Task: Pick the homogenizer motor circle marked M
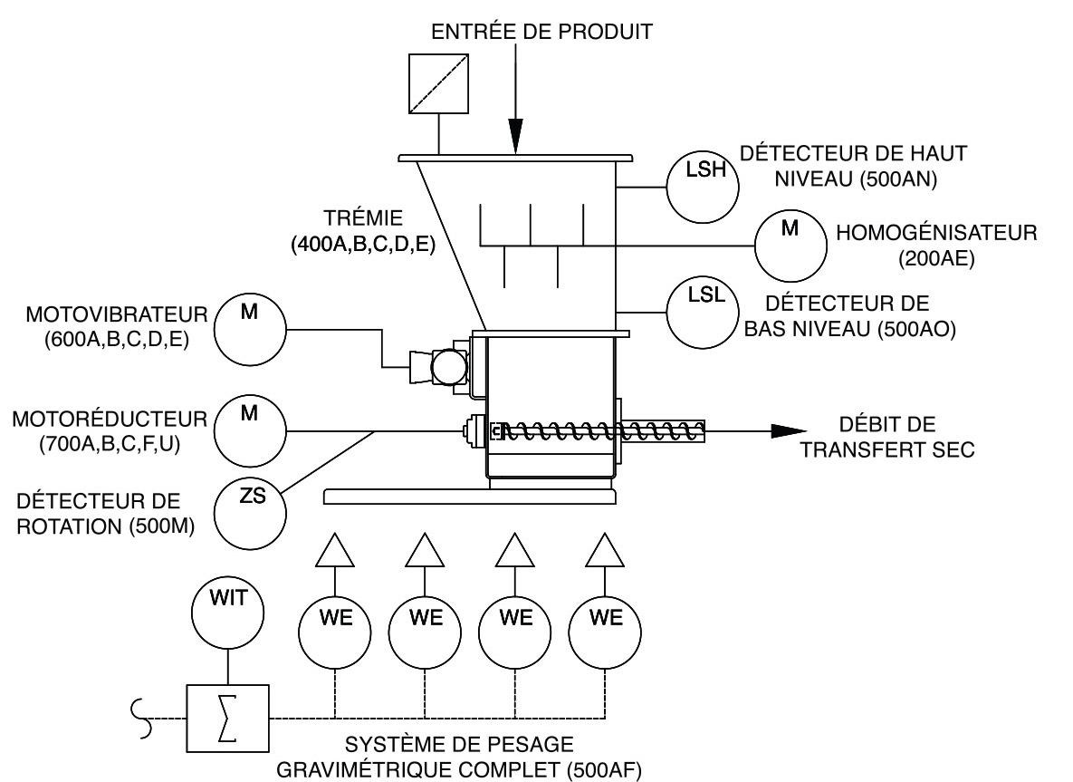[x=790, y=241]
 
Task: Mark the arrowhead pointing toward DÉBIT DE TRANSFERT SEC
[x=788, y=432]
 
